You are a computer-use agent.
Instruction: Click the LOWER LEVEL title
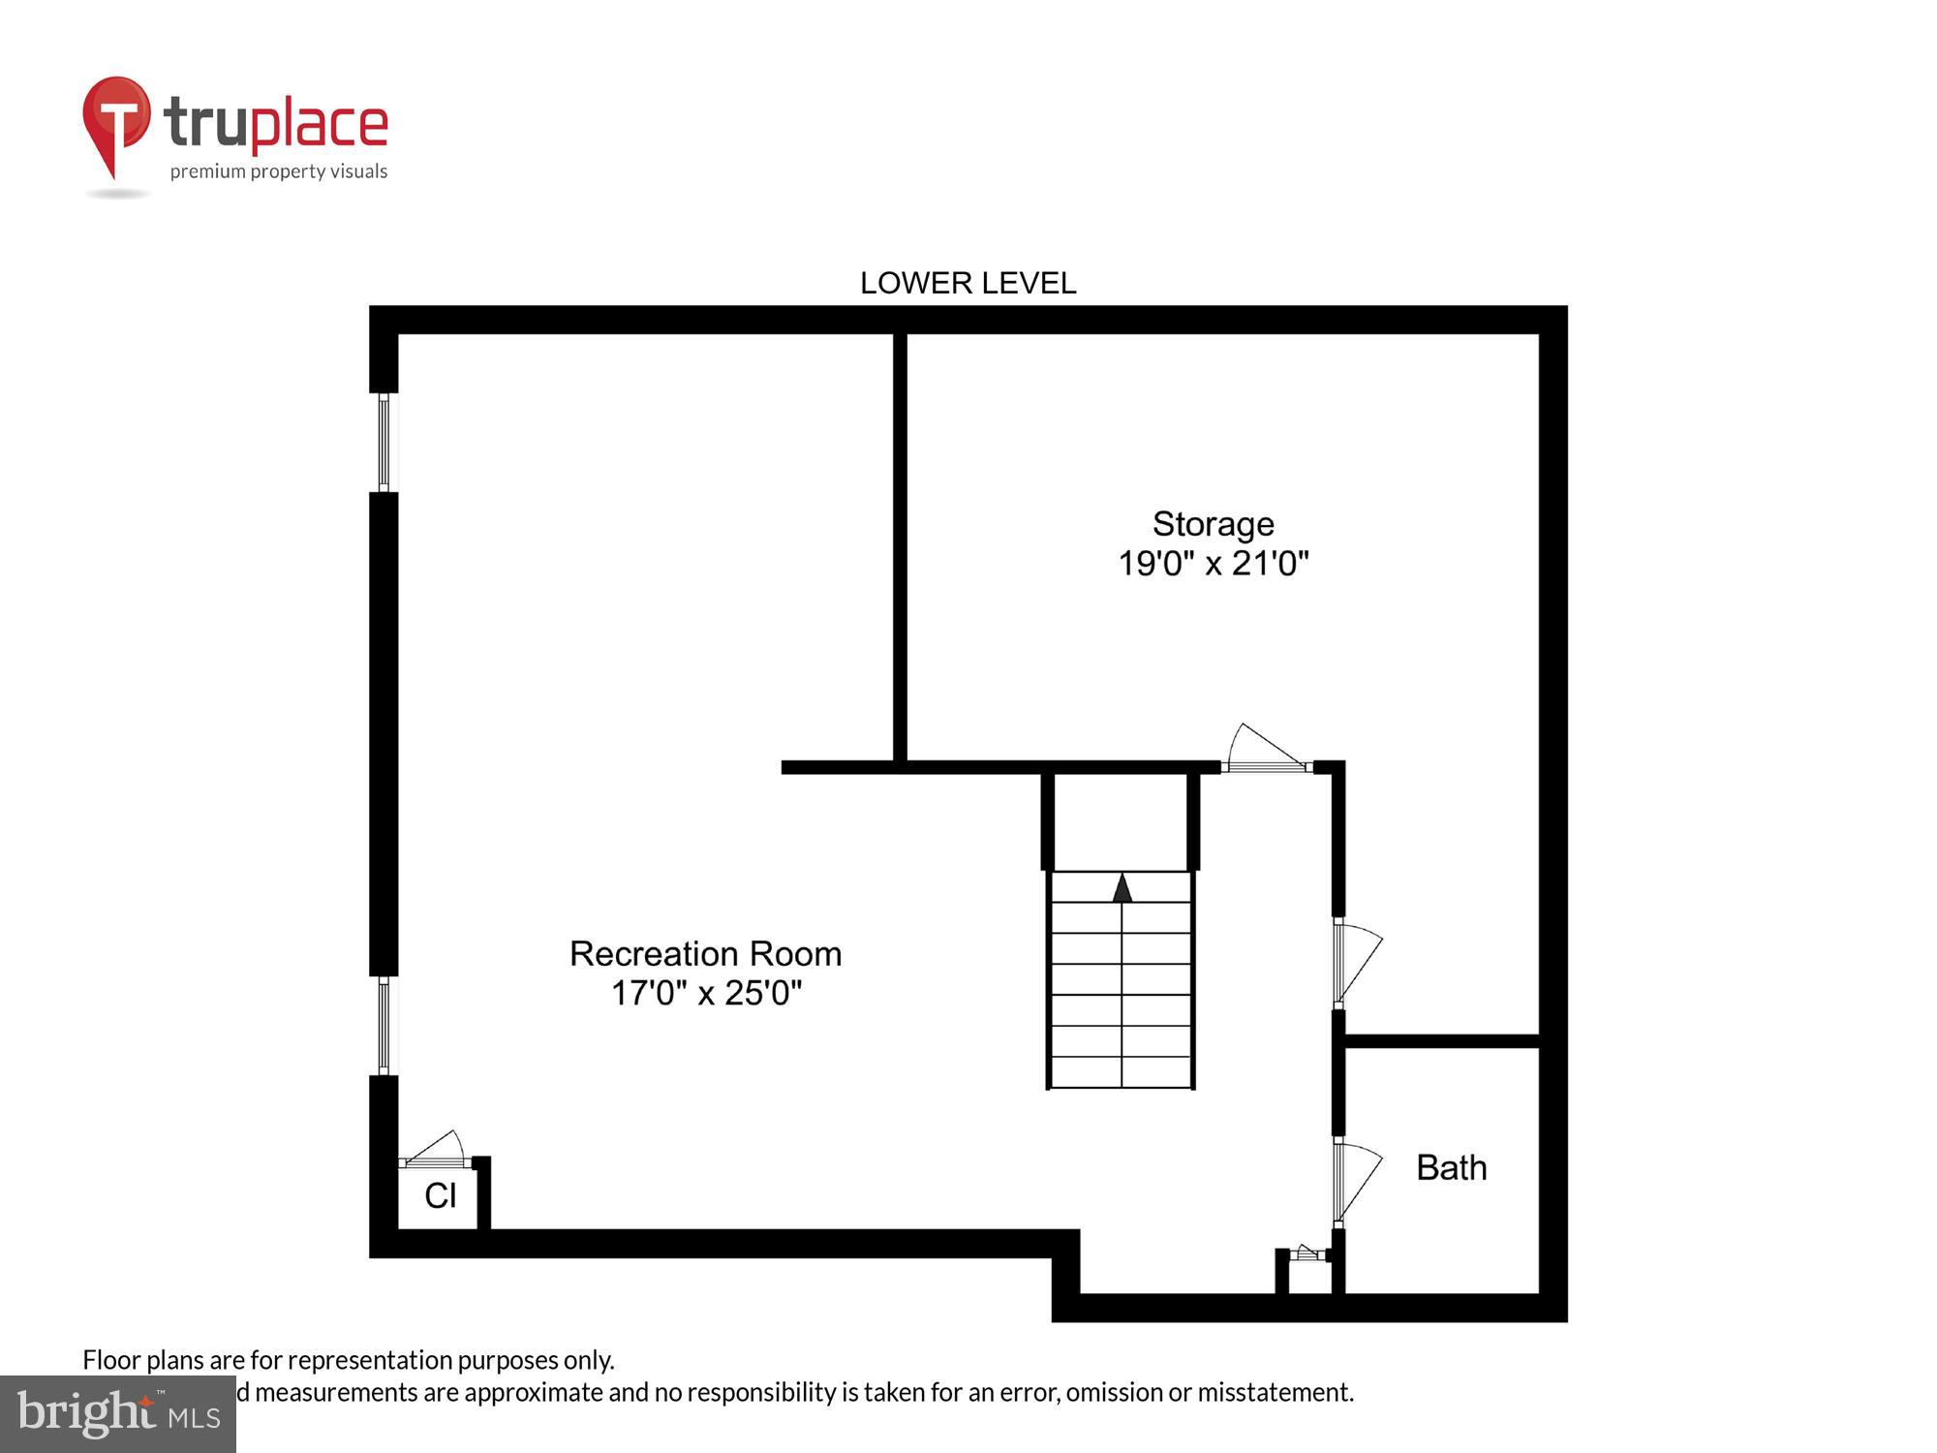click(968, 283)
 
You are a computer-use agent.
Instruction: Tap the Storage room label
click(1213, 524)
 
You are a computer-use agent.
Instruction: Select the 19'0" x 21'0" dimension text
click(1213, 563)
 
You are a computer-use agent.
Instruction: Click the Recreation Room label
click(705, 954)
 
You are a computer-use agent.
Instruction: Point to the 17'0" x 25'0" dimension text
click(706, 993)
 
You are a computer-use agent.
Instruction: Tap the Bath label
click(1451, 1167)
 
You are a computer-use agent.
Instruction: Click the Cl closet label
click(440, 1195)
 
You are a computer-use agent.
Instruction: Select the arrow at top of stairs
click(1122, 887)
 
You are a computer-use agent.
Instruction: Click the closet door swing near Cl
click(434, 1151)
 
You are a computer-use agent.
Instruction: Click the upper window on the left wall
click(384, 442)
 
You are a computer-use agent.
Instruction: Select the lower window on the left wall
click(384, 1026)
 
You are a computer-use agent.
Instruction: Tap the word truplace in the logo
click(276, 124)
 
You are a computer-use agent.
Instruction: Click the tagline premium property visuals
click(279, 172)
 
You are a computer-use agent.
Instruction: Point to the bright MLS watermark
click(118, 1414)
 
